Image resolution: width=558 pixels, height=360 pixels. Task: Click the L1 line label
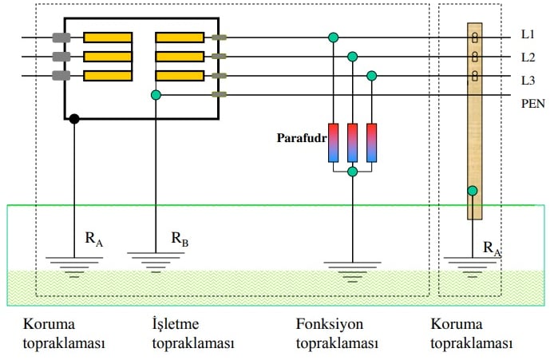point(528,34)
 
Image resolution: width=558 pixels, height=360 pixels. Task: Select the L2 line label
point(528,57)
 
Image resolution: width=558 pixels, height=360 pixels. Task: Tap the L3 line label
point(528,81)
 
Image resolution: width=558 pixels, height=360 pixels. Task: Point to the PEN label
point(532,104)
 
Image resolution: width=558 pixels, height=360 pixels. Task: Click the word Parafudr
point(302,138)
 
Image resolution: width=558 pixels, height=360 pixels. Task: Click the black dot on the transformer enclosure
point(74,119)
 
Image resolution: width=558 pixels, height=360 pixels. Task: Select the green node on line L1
point(333,38)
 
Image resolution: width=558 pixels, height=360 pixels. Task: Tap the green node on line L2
point(352,57)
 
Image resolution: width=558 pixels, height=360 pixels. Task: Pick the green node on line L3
point(371,76)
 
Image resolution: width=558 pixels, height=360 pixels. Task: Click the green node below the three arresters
point(352,172)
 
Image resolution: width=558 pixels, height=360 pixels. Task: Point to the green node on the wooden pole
point(473,191)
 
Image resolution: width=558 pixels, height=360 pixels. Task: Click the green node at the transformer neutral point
point(156,95)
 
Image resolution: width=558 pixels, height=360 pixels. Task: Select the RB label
point(180,239)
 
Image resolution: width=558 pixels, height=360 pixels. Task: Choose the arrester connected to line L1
point(333,143)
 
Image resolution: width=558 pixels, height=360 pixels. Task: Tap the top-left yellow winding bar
point(108,38)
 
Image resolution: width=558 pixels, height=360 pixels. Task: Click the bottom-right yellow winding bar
point(180,76)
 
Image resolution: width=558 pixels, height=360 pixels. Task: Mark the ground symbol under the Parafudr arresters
point(352,271)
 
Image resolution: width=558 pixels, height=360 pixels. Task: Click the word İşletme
point(176,323)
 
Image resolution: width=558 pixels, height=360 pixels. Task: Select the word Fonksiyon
point(330,324)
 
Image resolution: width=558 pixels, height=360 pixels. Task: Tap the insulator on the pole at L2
point(475,56)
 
